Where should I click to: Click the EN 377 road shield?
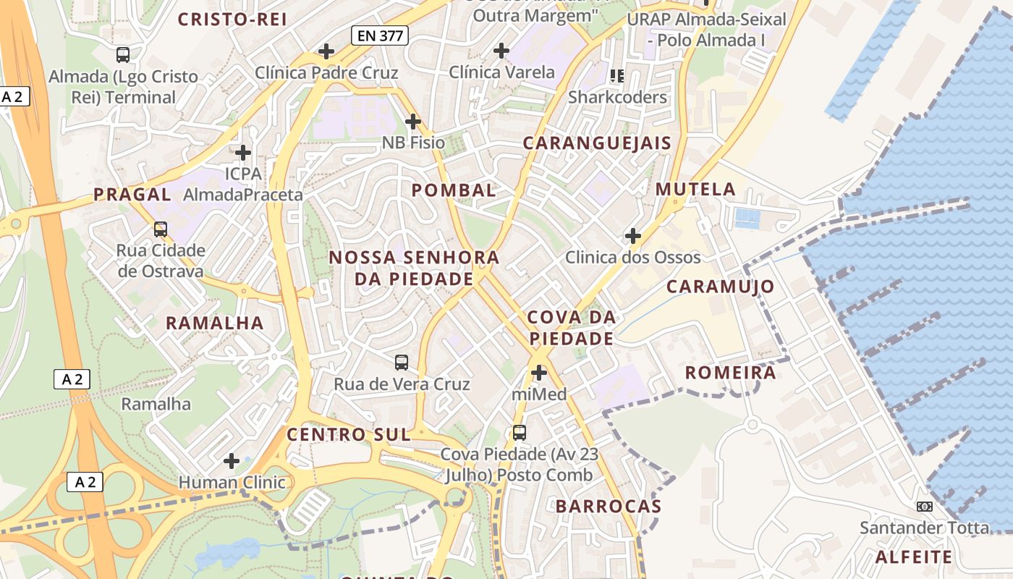tap(380, 35)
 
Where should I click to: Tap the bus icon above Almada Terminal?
tap(123, 54)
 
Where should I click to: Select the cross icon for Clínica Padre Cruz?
tap(326, 51)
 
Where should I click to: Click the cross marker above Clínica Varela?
tap(501, 51)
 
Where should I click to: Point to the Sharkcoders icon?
tap(617, 75)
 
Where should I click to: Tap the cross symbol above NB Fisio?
tap(413, 122)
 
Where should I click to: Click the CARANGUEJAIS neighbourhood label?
tap(597, 143)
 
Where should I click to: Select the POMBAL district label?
tap(454, 190)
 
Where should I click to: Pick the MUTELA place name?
tap(695, 190)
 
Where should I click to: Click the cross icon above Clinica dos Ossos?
tap(633, 236)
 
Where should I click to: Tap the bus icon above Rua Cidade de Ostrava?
tap(161, 229)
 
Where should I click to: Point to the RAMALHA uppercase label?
tap(215, 323)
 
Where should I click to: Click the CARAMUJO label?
tap(720, 287)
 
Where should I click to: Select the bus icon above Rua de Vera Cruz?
tap(402, 362)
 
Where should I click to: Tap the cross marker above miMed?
tap(539, 373)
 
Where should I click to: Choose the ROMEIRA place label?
tap(729, 373)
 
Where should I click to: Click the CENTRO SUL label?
tap(349, 434)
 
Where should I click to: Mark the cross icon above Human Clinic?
tap(232, 460)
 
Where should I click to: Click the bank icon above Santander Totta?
tap(924, 506)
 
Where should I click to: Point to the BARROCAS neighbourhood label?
tap(609, 507)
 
